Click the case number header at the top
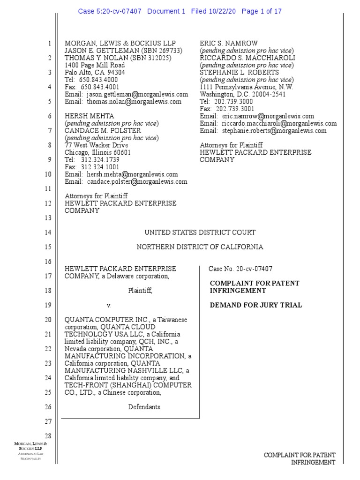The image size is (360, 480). [180, 11]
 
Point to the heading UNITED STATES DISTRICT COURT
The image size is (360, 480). [200, 232]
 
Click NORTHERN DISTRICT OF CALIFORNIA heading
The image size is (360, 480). [200, 247]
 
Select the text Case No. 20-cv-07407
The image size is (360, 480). [240, 269]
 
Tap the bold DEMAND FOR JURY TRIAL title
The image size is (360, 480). [256, 305]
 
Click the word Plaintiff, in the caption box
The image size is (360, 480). [141, 291]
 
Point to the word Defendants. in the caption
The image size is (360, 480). [145, 407]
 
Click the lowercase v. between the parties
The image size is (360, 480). [108, 305]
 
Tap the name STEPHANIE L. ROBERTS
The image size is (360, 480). [239, 73]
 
